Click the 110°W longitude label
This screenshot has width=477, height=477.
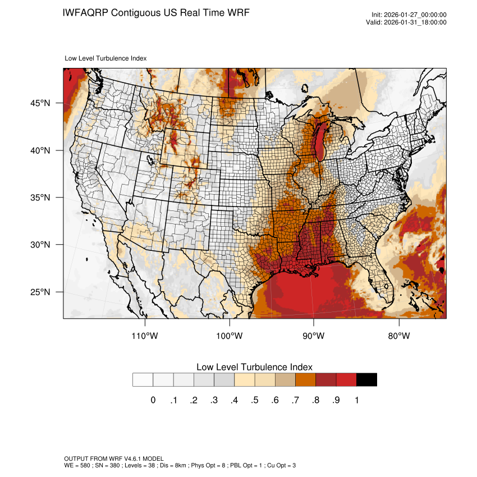[x=145, y=336]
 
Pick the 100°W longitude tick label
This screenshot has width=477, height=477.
[x=230, y=336]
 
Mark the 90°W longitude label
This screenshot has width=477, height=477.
[x=314, y=336]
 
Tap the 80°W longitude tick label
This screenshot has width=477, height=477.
[x=398, y=336]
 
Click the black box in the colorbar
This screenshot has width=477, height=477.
[x=366, y=380]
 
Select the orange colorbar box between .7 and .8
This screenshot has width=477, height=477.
[x=305, y=380]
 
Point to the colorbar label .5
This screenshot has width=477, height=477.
[x=254, y=400]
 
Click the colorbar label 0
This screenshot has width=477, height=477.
[x=153, y=400]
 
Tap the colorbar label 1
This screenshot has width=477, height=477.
[x=356, y=400]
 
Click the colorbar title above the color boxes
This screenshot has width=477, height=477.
[x=254, y=367]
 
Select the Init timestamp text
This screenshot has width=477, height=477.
[x=409, y=15]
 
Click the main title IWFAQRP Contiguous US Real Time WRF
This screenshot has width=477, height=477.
[x=156, y=12]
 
